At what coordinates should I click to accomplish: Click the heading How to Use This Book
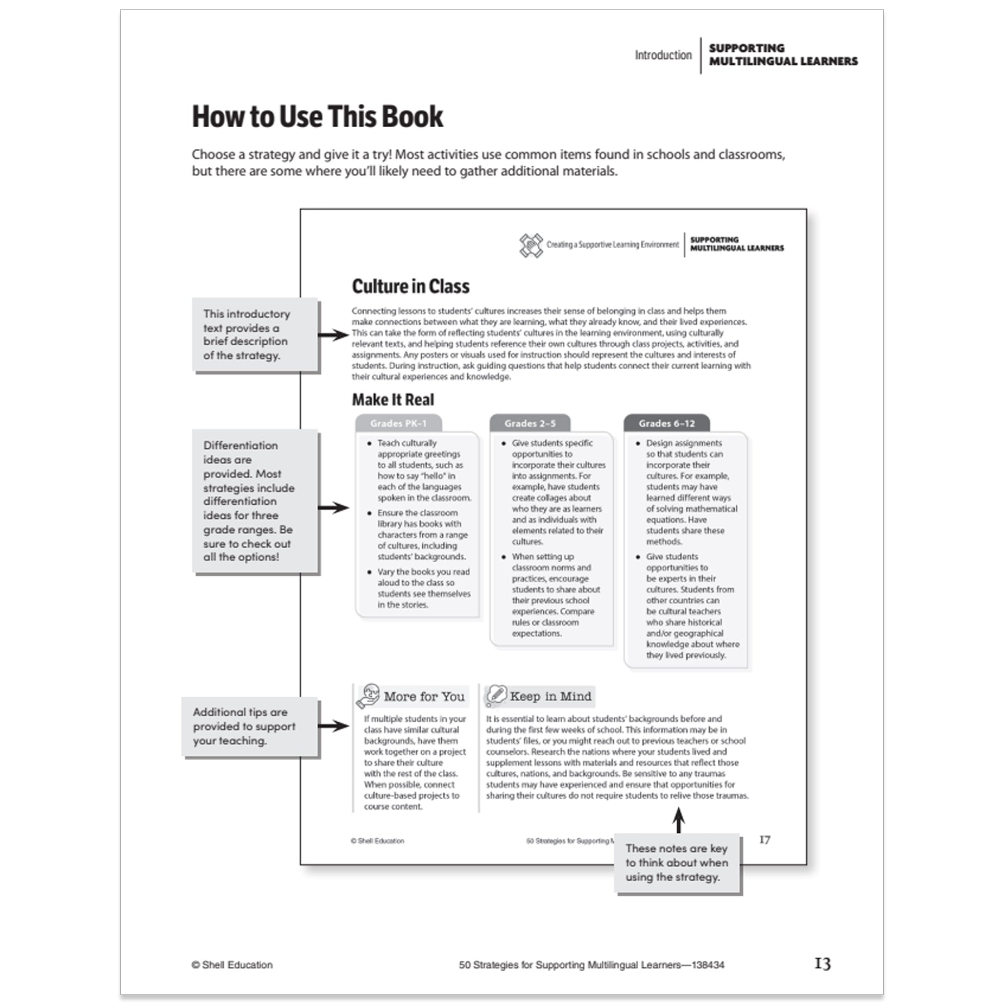pyautogui.click(x=317, y=117)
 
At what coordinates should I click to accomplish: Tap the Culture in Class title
pyautogui.click(x=411, y=287)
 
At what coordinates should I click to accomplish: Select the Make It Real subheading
pyautogui.click(x=393, y=400)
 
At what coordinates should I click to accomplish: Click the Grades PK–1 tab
pyautogui.click(x=398, y=423)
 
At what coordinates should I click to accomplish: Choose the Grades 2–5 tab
pyautogui.click(x=530, y=423)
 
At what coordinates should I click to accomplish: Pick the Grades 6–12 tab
pyautogui.click(x=667, y=423)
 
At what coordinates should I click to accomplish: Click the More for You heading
pyautogui.click(x=424, y=697)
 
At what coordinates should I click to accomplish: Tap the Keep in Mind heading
pyautogui.click(x=550, y=696)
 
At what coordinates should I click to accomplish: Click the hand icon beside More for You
pyautogui.click(x=368, y=696)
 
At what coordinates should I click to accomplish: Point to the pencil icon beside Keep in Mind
pyautogui.click(x=496, y=695)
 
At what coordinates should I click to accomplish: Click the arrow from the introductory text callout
pyautogui.click(x=334, y=335)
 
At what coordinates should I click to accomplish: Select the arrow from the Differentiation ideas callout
pyautogui.click(x=334, y=508)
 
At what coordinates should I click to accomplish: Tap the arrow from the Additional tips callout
pyautogui.click(x=334, y=726)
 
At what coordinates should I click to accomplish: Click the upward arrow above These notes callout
pyautogui.click(x=678, y=820)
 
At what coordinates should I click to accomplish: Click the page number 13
pyautogui.click(x=822, y=964)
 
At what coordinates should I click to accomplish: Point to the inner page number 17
pyautogui.click(x=765, y=840)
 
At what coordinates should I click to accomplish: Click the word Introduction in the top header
pyautogui.click(x=663, y=55)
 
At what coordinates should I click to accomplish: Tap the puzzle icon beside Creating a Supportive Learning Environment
pyautogui.click(x=530, y=245)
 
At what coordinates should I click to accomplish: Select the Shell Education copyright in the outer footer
pyautogui.click(x=232, y=965)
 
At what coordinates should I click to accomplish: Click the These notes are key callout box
pyautogui.click(x=677, y=863)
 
